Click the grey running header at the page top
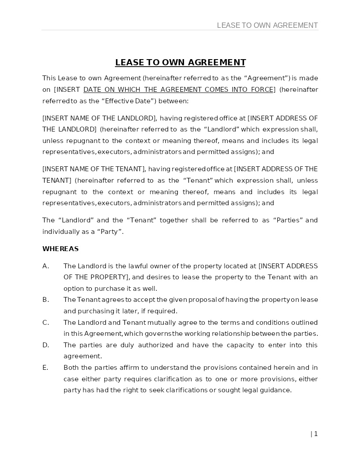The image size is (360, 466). [267, 25]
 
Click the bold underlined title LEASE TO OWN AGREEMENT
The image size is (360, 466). [180, 62]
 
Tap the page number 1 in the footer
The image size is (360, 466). [315, 434]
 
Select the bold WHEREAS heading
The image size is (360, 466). [60, 249]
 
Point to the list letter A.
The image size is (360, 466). [45, 266]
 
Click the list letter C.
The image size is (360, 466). [45, 323]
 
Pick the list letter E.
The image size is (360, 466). [45, 368]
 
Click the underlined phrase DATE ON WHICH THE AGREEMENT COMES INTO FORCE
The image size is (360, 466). [178, 90]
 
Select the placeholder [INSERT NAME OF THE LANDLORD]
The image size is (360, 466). [99, 118]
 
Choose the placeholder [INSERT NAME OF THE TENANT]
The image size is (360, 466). [94, 169]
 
